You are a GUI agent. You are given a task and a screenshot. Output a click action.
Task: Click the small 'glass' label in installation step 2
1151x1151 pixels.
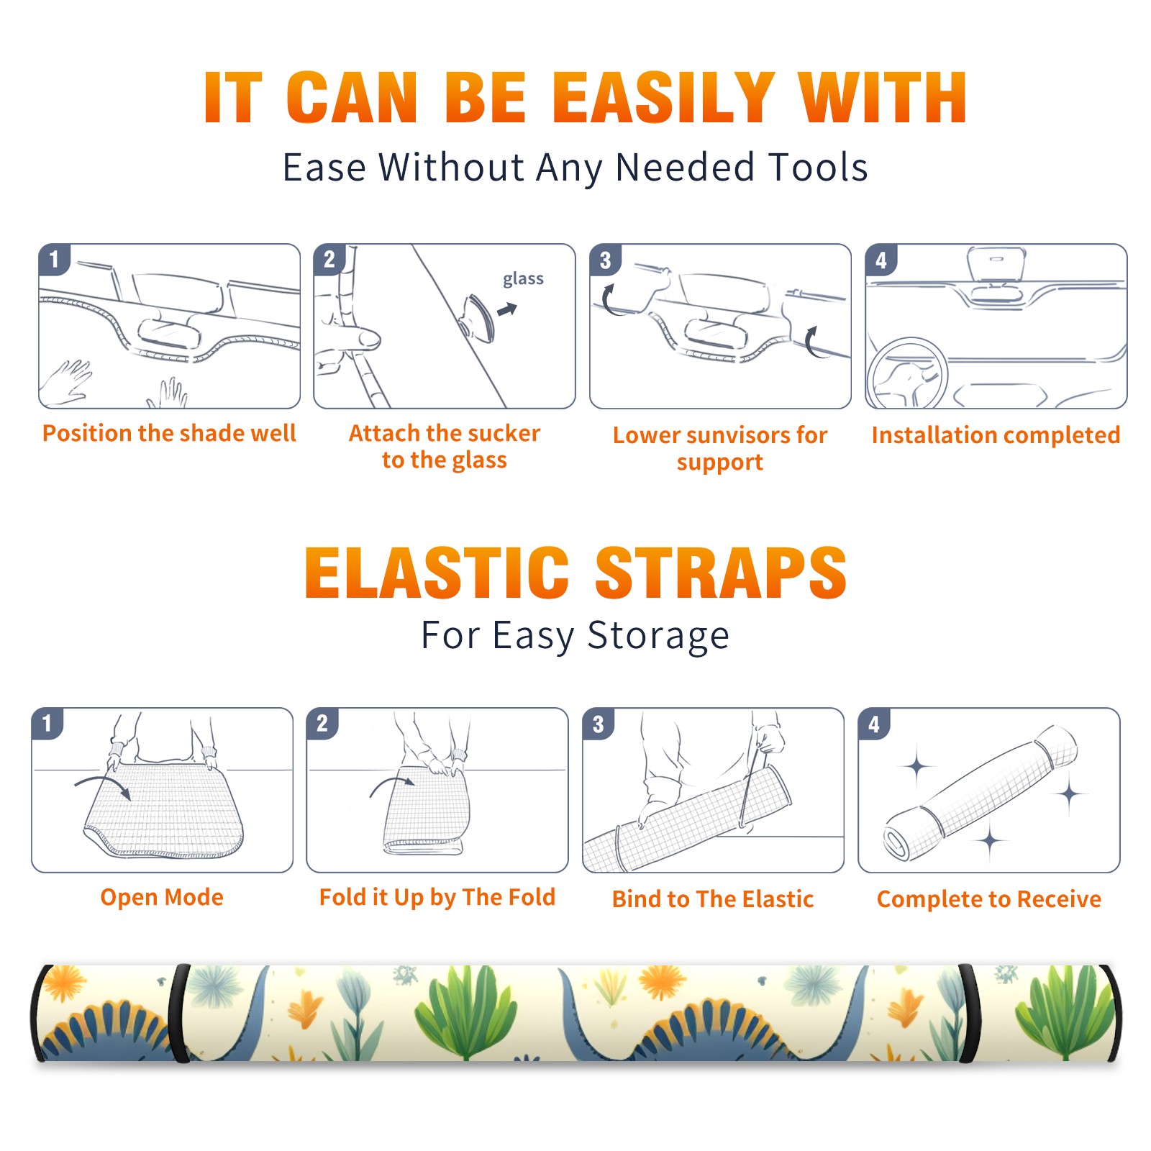523,279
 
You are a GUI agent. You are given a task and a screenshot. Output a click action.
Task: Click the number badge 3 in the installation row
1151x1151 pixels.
606,260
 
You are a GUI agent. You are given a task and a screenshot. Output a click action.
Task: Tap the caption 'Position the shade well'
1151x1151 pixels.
169,433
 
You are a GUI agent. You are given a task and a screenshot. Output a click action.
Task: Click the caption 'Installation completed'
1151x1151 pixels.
996,435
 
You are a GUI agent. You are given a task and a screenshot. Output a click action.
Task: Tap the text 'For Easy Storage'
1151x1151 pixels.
575,636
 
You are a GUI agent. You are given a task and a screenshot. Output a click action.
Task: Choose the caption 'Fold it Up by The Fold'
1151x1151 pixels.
437,898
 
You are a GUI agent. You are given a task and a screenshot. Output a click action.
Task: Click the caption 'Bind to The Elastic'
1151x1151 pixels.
713,899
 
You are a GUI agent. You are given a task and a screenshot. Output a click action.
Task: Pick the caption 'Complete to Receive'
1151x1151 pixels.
989,899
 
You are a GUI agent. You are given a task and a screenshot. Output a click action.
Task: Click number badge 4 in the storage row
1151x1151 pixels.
874,724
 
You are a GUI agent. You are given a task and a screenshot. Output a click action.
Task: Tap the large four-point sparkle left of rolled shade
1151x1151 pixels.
916,767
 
